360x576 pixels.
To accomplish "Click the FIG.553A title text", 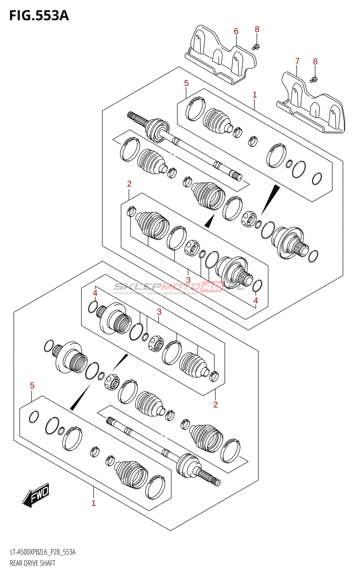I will [x=39, y=16].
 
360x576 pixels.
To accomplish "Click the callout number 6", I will [x=236, y=31].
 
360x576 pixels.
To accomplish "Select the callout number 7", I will [x=297, y=61].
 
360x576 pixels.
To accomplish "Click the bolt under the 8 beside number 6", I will [x=256, y=46].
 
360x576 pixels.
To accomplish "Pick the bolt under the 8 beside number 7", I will [x=313, y=80].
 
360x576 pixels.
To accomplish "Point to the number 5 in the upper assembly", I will [x=186, y=83].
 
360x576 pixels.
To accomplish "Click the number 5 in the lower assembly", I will [x=32, y=386].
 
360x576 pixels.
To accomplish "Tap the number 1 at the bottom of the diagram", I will [x=94, y=503].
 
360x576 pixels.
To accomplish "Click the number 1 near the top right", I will [x=255, y=95].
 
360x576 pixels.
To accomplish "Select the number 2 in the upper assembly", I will [x=129, y=184].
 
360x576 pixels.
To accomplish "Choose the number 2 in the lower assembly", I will [x=216, y=405].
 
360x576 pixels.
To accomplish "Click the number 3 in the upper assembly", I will [x=188, y=280].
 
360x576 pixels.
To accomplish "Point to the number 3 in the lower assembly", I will [x=159, y=312].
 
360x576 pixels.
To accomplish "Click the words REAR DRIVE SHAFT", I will [x=33, y=563].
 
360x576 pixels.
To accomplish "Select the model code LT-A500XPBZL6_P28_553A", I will [x=42, y=552].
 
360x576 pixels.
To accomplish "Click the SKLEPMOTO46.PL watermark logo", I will [x=179, y=287].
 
